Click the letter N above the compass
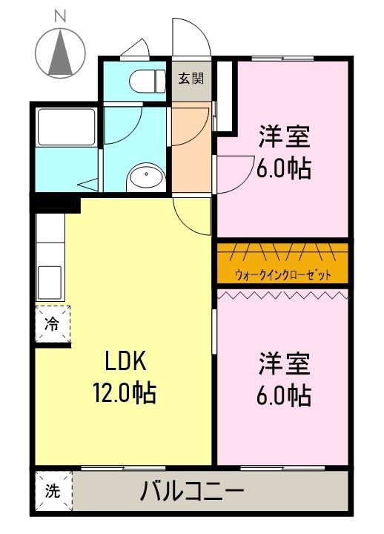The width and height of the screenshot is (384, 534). point(60,16)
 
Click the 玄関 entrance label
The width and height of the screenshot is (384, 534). point(191,79)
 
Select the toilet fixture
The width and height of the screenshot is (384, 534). point(148,81)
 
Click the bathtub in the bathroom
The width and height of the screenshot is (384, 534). point(67,127)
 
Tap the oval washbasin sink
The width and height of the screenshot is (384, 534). point(146,175)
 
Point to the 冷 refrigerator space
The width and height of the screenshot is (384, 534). point(53,324)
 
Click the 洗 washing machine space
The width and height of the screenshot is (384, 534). point(53,491)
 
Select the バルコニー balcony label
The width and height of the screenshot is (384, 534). point(192,491)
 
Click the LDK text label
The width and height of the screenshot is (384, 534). point(125,361)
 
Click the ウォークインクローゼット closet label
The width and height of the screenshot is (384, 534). point(282,274)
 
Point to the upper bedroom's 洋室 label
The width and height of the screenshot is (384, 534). point(284,136)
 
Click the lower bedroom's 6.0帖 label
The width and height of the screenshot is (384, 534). point(284,395)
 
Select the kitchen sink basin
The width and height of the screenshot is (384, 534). point(50,283)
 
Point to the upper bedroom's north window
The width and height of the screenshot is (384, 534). point(282,59)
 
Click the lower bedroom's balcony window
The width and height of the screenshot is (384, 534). point(282,468)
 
